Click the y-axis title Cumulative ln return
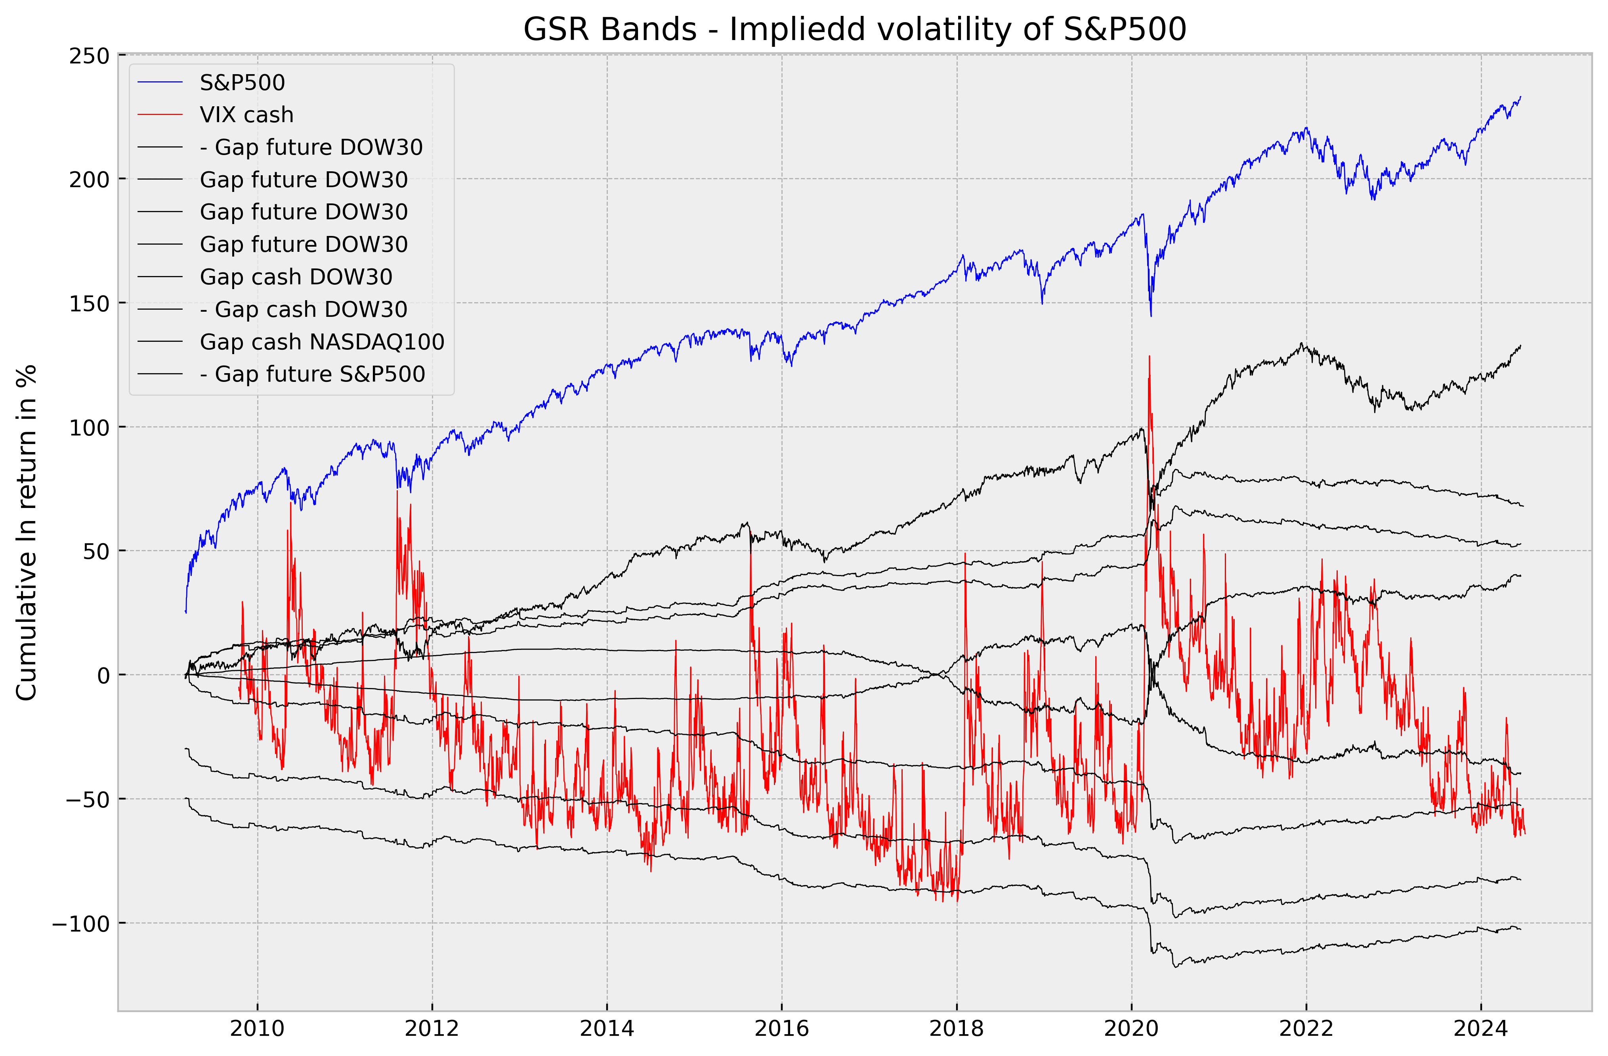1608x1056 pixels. pyautogui.click(x=27, y=533)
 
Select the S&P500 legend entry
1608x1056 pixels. pyautogui.click(x=242, y=82)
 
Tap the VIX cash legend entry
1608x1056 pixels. pyautogui.click(x=246, y=115)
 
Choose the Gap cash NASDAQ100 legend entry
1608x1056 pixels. pyautogui.click(x=322, y=342)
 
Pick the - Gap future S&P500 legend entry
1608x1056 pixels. pyautogui.click(x=312, y=374)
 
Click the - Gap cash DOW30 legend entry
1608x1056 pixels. pyautogui.click(x=304, y=310)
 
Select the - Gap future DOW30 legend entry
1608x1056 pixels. pyautogui.click(x=311, y=148)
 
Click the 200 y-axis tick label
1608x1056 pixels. pyautogui.click(x=89, y=180)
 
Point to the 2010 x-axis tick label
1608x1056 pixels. pyautogui.click(x=258, y=1029)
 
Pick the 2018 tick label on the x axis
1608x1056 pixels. pyautogui.click(x=957, y=1029)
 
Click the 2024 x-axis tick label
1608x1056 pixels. pyautogui.click(x=1481, y=1029)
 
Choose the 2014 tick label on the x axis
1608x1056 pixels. pyautogui.click(x=607, y=1029)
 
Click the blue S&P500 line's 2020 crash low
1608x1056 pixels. pyautogui.click(x=1151, y=315)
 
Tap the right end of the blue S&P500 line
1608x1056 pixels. pyautogui.click(x=1520, y=97)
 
